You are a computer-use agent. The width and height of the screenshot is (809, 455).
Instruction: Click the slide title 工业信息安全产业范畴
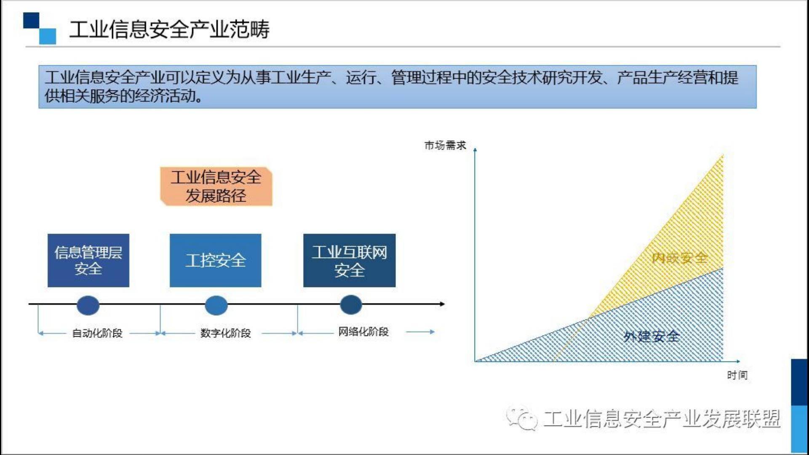click(169, 29)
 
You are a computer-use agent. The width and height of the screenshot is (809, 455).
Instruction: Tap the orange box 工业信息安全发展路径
click(216, 186)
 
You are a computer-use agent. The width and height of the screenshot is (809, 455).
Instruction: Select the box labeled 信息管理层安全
click(88, 261)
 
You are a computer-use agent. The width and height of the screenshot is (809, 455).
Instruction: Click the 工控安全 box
click(216, 261)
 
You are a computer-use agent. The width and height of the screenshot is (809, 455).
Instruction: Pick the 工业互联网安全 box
click(350, 261)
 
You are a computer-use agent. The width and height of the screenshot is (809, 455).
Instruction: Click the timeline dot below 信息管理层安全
click(88, 305)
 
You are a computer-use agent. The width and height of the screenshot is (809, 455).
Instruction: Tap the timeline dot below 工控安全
click(216, 305)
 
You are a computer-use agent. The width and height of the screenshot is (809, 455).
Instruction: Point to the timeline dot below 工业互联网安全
click(351, 305)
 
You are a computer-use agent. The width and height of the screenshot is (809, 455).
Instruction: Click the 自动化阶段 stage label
click(97, 333)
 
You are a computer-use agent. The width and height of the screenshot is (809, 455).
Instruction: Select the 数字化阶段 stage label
click(226, 333)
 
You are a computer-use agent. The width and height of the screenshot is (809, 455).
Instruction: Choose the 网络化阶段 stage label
click(363, 332)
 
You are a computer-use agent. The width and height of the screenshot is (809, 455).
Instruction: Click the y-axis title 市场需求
click(445, 146)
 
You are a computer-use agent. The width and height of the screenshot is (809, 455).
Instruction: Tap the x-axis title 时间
click(737, 375)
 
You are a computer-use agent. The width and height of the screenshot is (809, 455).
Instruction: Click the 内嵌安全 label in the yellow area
click(679, 258)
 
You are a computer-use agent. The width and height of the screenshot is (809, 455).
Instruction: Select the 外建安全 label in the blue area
click(651, 336)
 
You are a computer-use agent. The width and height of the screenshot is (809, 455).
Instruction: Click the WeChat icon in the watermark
click(522, 418)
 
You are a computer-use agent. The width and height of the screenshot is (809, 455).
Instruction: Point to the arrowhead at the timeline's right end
click(442, 304)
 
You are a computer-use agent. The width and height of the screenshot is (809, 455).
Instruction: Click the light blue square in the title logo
click(48, 36)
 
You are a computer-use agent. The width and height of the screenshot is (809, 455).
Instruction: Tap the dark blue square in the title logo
click(31, 20)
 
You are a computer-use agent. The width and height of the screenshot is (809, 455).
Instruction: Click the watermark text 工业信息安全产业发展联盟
click(662, 419)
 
